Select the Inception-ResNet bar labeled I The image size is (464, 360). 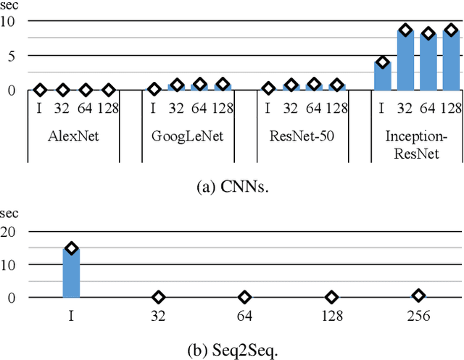[x=382, y=76]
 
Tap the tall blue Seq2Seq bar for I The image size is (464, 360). [x=71, y=273]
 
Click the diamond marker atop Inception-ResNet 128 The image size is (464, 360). [x=452, y=30]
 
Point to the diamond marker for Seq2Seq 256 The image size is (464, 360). [x=418, y=296]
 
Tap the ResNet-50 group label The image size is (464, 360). [x=302, y=135]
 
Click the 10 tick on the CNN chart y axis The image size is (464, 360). [x=10, y=22]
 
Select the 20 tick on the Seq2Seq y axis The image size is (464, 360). [x=10, y=232]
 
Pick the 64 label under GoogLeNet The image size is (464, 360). [x=199, y=109]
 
